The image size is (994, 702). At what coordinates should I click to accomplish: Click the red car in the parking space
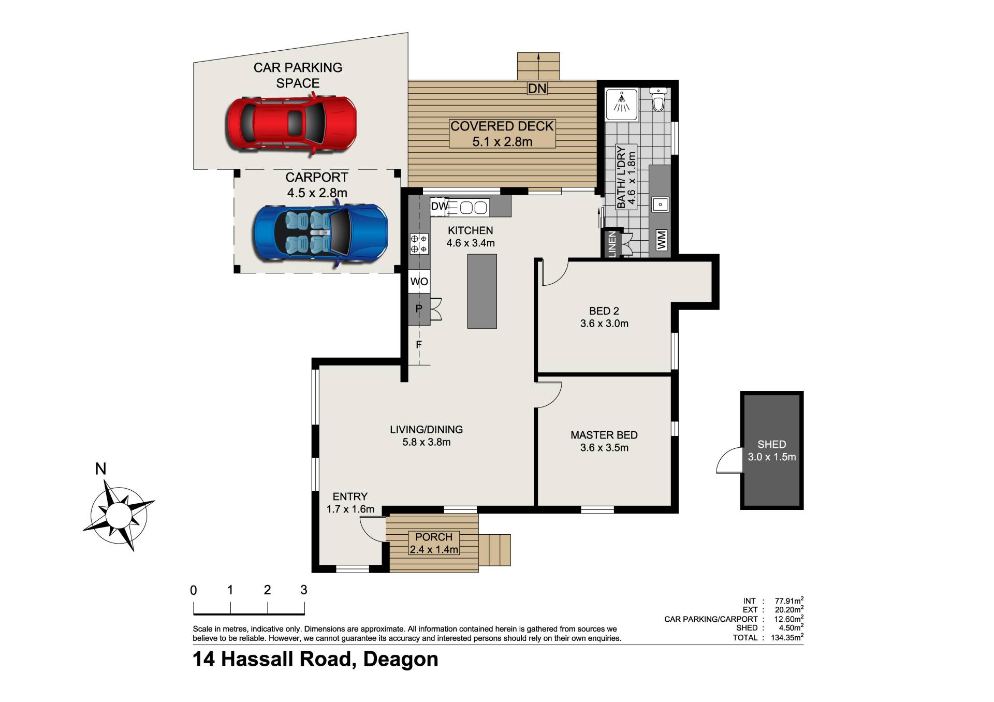291,124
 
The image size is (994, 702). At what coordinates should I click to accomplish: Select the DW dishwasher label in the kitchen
440,207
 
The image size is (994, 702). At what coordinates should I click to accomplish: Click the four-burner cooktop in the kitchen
419,244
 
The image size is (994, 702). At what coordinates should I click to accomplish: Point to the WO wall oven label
419,282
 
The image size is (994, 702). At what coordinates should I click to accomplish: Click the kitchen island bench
482,291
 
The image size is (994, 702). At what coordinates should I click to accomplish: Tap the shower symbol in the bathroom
621,101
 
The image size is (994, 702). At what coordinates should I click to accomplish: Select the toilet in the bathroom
659,99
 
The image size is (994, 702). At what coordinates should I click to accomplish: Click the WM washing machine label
662,240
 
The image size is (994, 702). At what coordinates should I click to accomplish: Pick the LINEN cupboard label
612,243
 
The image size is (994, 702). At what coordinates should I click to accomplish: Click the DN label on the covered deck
537,89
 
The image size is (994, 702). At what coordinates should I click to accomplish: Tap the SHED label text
771,444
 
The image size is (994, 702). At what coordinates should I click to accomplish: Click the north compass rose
119,514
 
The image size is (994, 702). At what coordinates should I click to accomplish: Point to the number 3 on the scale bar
304,590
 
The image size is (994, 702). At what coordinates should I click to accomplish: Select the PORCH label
434,537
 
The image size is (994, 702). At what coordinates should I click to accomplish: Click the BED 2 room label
604,311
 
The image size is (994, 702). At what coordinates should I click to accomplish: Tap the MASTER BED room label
604,435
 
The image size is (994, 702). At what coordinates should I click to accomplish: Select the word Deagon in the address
401,659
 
